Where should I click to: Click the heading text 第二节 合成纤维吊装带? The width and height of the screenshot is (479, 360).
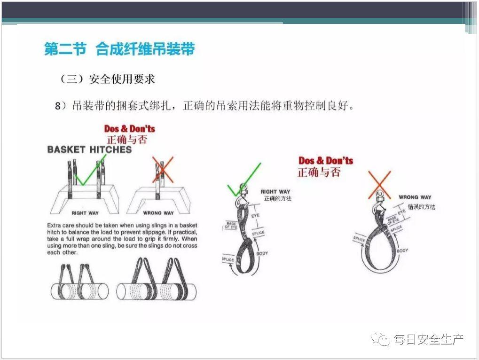[119, 49]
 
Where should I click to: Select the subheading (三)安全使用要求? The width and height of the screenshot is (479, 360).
[108, 79]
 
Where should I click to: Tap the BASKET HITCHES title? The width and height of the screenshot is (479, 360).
[89, 150]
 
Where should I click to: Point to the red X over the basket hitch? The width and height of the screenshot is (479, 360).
[163, 170]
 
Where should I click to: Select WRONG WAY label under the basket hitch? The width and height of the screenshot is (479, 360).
[158, 213]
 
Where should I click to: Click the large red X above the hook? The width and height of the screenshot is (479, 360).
[379, 184]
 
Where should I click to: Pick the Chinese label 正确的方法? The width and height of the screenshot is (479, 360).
[277, 199]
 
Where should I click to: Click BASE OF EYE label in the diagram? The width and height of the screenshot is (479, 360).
[231, 225]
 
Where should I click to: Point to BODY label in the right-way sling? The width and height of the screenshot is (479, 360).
[262, 254]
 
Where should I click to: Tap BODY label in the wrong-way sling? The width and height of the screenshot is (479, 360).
[402, 250]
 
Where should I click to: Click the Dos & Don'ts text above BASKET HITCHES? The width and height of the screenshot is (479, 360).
[129, 129]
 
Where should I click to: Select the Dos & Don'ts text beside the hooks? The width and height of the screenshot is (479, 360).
[325, 161]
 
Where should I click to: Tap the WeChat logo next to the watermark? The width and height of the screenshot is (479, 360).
[381, 339]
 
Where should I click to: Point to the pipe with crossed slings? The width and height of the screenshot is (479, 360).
[157, 282]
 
